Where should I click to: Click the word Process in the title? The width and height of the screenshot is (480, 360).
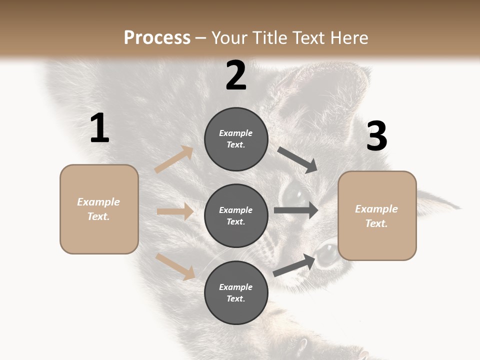157,37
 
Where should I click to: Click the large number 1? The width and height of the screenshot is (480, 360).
99,128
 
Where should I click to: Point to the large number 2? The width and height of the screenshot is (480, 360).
236,75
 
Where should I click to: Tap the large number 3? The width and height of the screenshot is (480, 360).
376,136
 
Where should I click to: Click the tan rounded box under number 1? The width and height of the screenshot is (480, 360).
99,209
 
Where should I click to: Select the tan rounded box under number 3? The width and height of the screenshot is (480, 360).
377,215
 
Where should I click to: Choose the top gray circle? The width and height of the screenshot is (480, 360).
236,139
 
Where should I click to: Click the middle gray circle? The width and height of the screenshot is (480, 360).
236,215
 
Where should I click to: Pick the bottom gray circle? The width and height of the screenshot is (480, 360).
236,292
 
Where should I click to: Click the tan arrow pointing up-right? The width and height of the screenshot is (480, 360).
174,159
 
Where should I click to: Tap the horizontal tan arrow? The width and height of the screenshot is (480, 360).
175,211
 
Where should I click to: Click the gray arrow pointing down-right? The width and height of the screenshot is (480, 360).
297,160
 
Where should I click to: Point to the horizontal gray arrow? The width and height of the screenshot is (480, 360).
295,210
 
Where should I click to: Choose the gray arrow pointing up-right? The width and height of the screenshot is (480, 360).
294,265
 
